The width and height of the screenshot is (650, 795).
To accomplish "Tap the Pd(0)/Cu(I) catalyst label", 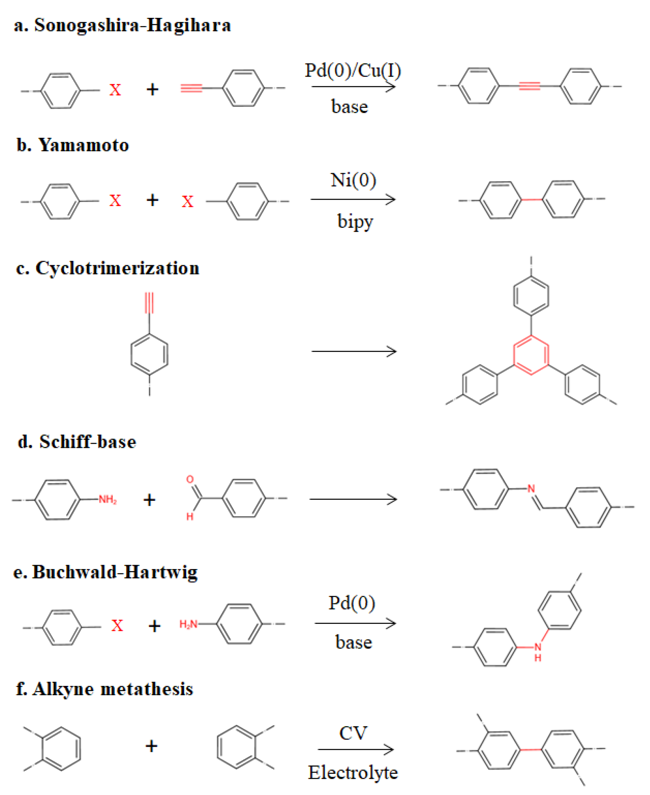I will point(353,71).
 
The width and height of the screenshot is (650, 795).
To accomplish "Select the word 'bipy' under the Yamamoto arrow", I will point(355,221).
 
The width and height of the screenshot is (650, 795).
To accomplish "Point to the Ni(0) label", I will point(353,180).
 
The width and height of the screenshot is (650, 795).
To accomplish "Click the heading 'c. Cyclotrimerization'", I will point(108,268).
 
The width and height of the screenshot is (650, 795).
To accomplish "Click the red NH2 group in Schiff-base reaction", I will point(108,499).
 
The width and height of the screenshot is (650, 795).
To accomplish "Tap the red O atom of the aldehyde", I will point(190,479).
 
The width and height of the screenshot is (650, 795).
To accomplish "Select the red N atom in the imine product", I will point(531,489).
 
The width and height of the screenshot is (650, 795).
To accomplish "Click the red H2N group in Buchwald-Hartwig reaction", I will point(189,624).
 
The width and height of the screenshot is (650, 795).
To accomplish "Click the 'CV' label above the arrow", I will point(353,733).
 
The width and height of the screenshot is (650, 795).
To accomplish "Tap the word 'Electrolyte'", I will point(353,772).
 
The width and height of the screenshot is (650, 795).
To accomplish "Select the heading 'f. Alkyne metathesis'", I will point(105,689).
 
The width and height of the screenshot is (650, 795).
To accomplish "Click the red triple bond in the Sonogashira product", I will point(529,86).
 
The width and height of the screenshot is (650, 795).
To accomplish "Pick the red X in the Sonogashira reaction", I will point(115,90).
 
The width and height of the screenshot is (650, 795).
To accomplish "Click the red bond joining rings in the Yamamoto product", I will point(532,199).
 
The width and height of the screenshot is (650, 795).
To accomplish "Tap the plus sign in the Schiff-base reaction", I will point(149,500).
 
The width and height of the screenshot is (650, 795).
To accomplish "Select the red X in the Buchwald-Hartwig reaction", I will point(117,625).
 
